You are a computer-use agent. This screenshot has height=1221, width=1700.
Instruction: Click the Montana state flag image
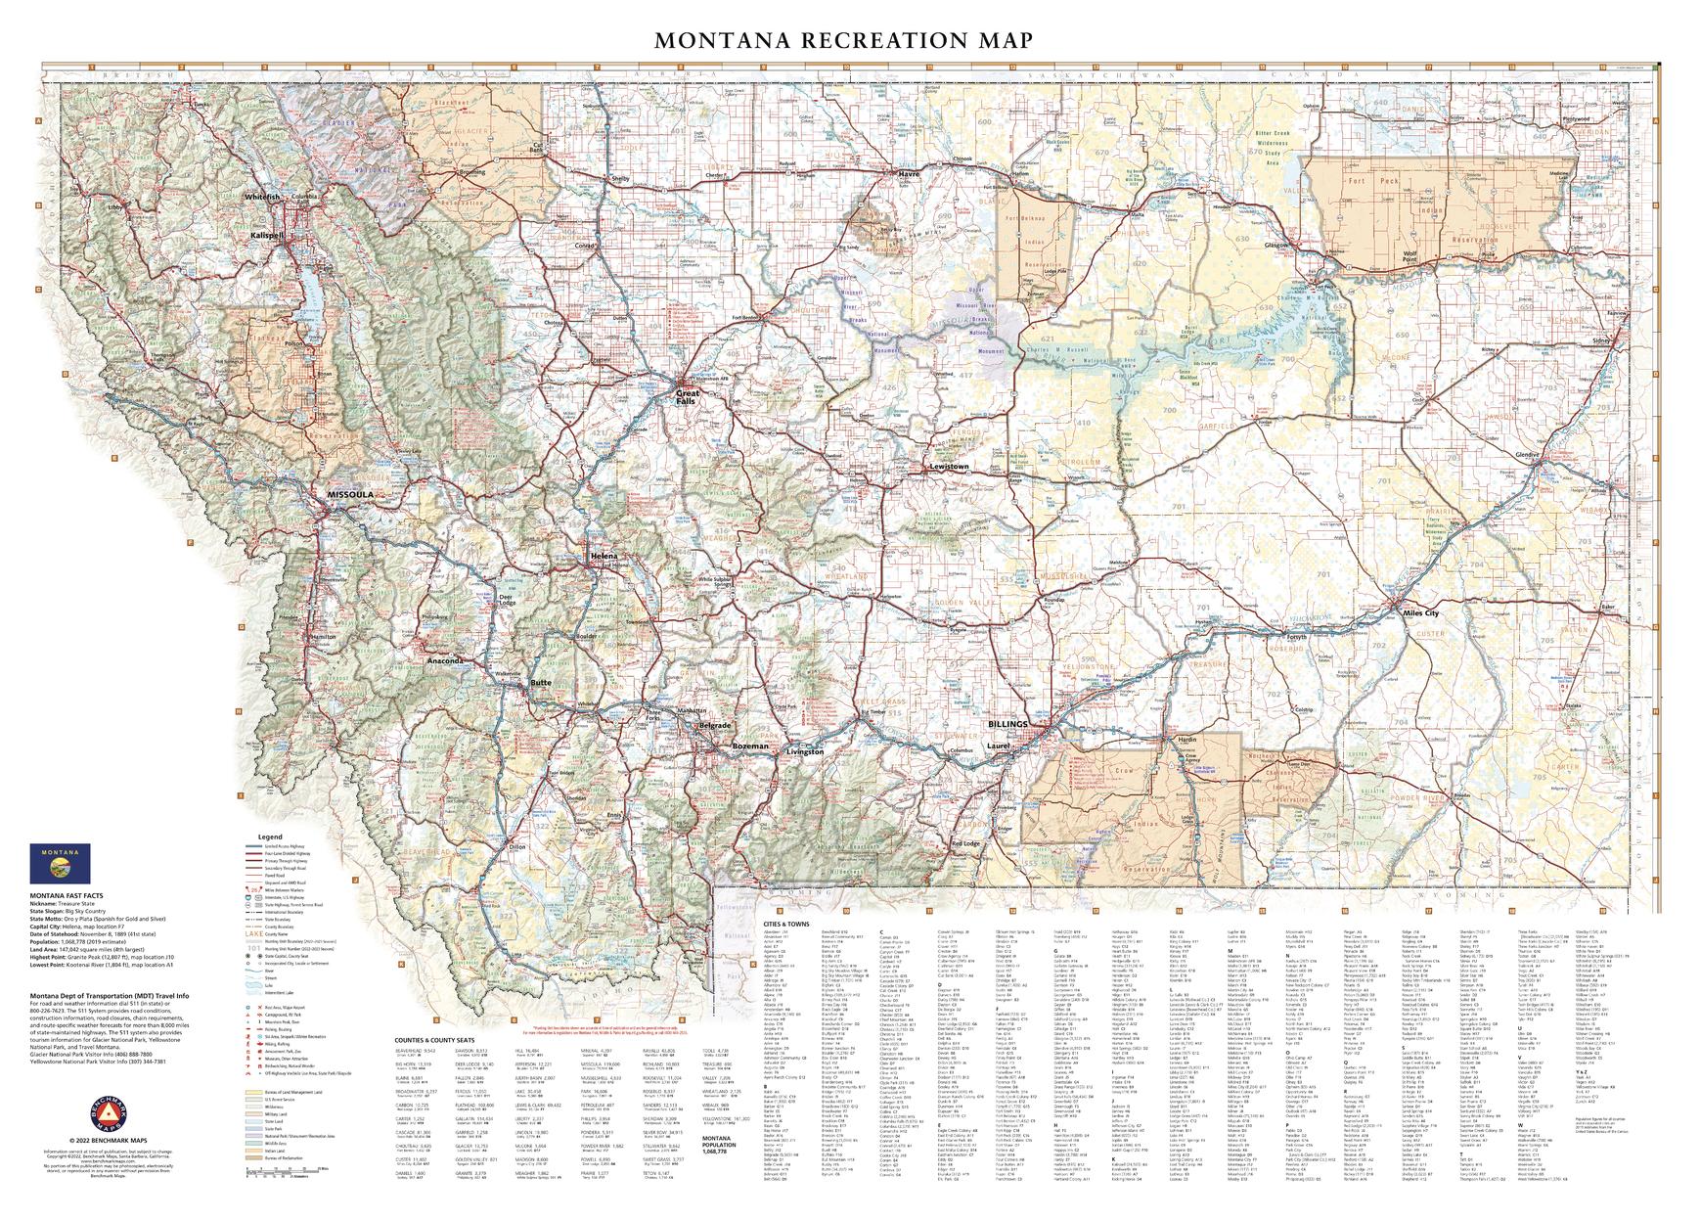click(60, 863)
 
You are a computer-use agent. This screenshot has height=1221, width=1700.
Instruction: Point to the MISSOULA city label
click(350, 495)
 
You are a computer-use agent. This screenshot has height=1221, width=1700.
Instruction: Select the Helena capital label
click(604, 556)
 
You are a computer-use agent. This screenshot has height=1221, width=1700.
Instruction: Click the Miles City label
click(1420, 613)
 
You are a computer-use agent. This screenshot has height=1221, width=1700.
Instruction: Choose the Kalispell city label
click(265, 236)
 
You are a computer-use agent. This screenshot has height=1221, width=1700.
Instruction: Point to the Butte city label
click(541, 681)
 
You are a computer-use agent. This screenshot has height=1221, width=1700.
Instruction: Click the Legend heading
click(269, 837)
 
